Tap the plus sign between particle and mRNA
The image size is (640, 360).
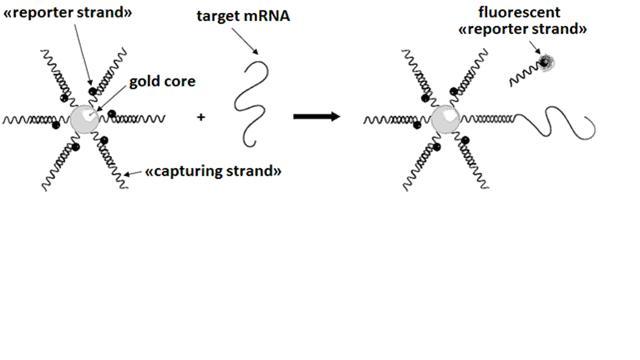click(x=201, y=117)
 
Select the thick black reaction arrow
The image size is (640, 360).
click(x=315, y=117)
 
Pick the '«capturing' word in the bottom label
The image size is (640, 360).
click(x=180, y=171)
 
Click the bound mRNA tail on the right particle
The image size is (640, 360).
click(x=560, y=122)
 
